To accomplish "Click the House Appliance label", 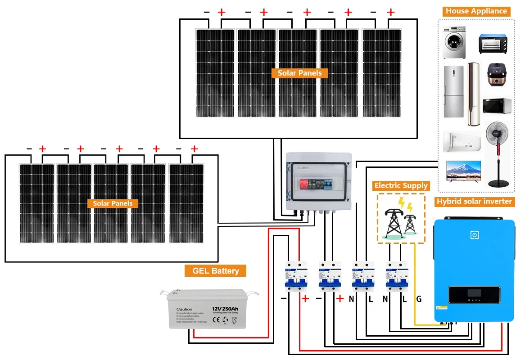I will click(476, 11).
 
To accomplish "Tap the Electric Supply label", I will click(401, 185).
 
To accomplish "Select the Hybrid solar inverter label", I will click(474, 202).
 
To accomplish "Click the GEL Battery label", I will click(216, 271).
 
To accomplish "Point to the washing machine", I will click(453, 42).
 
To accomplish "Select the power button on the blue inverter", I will click(474, 235).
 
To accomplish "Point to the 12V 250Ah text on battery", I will click(225, 309).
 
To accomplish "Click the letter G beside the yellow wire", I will click(419, 299).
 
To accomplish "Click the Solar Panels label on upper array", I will click(299, 73).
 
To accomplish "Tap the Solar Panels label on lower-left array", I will click(113, 203).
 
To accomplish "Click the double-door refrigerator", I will click(453, 92).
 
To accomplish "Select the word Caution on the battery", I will click(184, 309).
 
